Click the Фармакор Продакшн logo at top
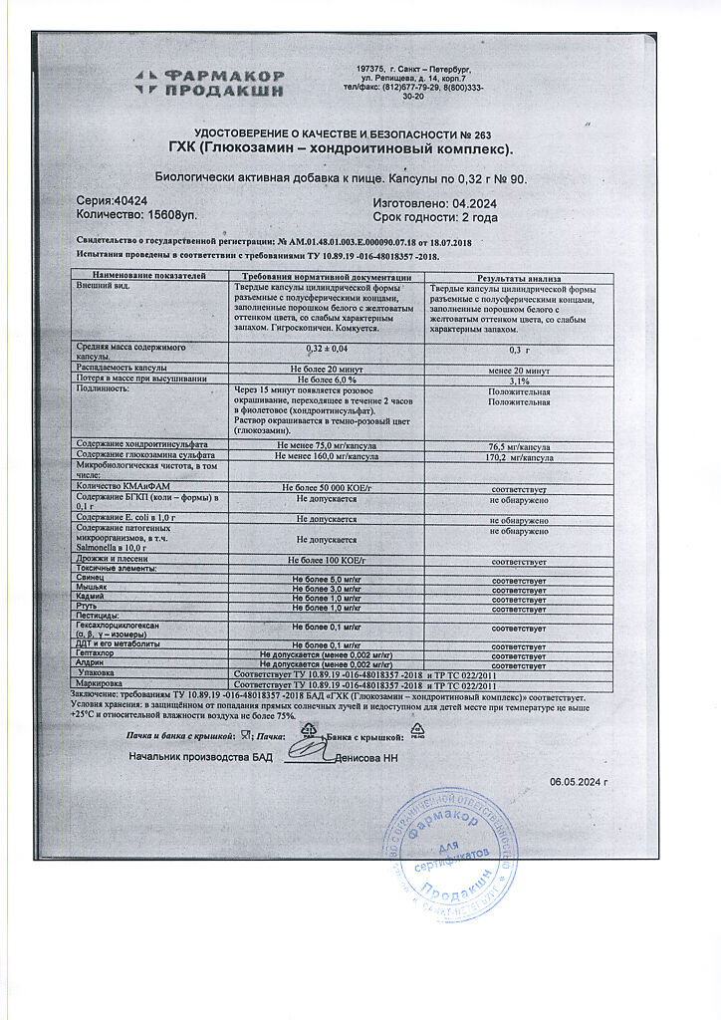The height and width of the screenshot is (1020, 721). point(210,82)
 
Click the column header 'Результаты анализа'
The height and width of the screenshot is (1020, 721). point(519,278)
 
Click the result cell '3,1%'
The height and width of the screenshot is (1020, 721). point(519,380)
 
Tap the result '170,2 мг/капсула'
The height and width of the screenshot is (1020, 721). point(520,458)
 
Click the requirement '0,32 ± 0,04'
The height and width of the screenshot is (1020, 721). point(326,349)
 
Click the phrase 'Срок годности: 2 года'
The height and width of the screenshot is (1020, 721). point(435,215)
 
